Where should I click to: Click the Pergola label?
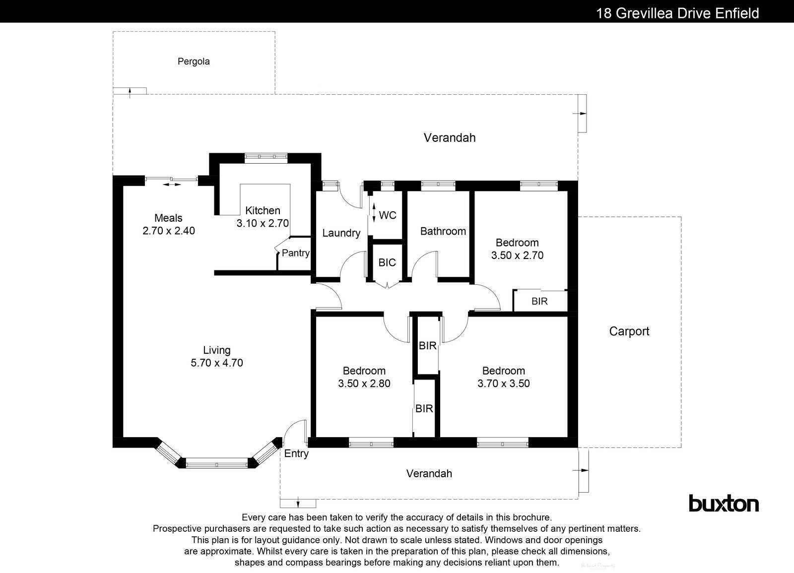point(194,62)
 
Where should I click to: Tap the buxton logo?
point(724,504)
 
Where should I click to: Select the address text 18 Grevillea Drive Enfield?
point(677,13)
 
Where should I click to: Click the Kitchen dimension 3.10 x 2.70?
point(263,223)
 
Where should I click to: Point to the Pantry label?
point(296,253)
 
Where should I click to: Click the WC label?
point(388,215)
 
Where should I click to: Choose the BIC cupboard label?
point(387,262)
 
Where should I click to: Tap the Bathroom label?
point(443,231)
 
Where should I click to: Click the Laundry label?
point(341,233)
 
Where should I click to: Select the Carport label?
point(629,331)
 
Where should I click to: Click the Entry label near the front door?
point(296,453)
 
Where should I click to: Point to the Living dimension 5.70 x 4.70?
point(217,363)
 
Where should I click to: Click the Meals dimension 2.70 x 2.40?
point(169,231)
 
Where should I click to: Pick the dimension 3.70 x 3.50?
point(504,383)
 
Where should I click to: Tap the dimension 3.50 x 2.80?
point(364,383)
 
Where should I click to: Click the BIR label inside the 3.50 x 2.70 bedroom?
point(539,301)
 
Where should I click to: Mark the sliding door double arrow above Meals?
point(172,185)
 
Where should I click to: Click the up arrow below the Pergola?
point(130,91)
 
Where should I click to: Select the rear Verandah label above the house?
point(449,138)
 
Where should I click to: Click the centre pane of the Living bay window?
point(216,465)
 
